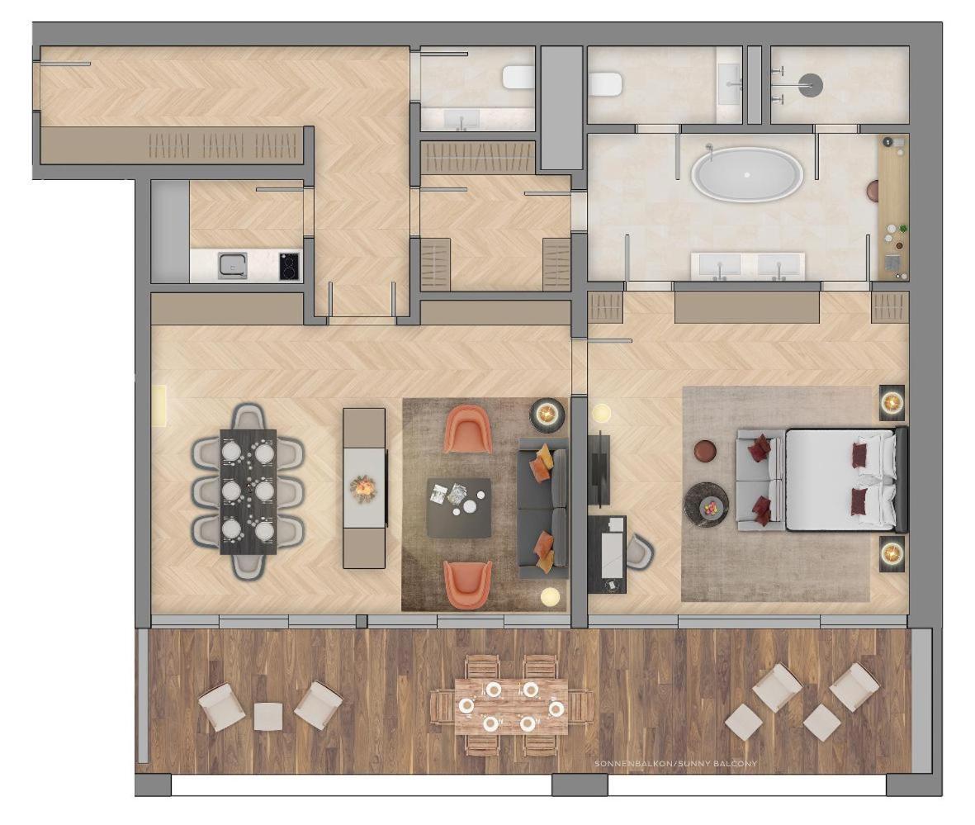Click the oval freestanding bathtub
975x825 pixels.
coord(746,174)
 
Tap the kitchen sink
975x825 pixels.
coord(233,266)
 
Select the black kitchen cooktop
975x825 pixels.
coord(289,266)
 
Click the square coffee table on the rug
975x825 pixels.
coord(458,507)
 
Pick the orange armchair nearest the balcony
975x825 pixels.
coord(467,585)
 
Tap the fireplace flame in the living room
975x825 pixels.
coord(364,487)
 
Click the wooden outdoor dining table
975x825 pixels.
coord(510,706)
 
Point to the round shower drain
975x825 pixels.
coord(810,83)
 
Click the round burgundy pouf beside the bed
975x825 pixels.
coord(705,452)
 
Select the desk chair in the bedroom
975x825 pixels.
coord(639,551)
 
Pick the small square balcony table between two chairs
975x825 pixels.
coord(268,716)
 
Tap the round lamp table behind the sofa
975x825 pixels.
coord(547,412)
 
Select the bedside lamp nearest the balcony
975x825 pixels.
coord(892,552)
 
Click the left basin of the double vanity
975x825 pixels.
coord(719,264)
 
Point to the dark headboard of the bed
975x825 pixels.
coord(902,479)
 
